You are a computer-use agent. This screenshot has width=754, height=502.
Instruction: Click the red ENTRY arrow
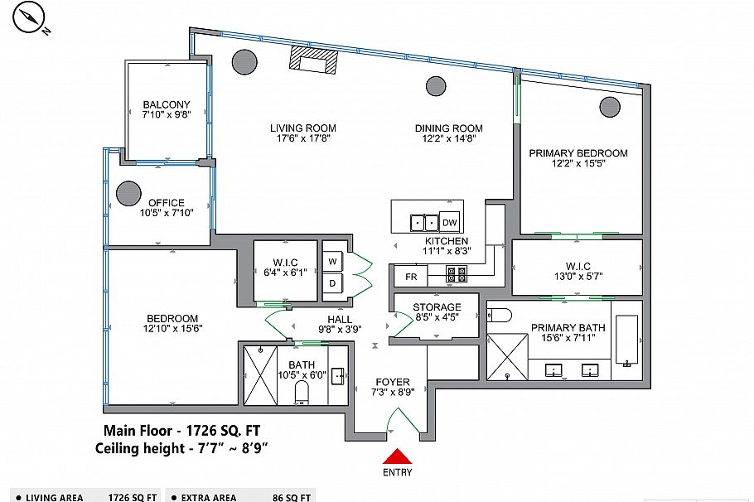tap(399, 456)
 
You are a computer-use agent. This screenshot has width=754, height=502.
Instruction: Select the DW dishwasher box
tap(449, 222)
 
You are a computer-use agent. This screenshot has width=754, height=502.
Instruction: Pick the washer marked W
tap(333, 260)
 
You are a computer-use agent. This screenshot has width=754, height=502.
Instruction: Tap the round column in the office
tap(128, 194)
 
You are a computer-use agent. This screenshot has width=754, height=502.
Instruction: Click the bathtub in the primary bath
tap(627, 340)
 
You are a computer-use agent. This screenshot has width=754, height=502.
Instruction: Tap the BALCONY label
tap(167, 104)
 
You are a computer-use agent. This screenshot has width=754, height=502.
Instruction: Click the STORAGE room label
tap(437, 308)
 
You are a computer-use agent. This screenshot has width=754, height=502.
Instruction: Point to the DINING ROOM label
tap(448, 128)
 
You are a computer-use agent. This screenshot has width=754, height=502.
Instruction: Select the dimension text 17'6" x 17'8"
tap(302, 139)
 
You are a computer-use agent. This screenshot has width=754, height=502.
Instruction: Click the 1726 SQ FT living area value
tap(133, 497)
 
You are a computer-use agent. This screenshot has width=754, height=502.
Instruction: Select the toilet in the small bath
tap(302, 392)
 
